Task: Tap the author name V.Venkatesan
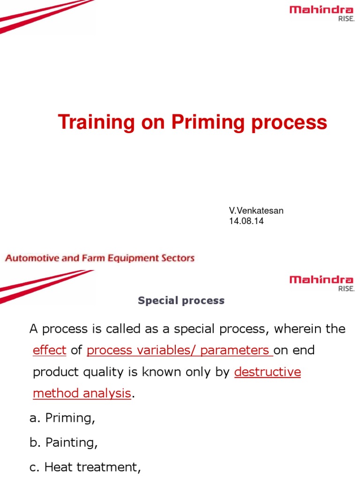(x=256, y=211)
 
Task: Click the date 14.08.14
(x=246, y=221)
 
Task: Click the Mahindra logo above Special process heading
(x=322, y=283)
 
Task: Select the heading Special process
(x=181, y=301)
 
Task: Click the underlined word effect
(x=50, y=350)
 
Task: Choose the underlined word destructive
(x=267, y=372)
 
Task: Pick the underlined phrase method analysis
(x=82, y=393)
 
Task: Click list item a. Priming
(x=62, y=419)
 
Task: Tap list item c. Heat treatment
(x=85, y=467)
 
